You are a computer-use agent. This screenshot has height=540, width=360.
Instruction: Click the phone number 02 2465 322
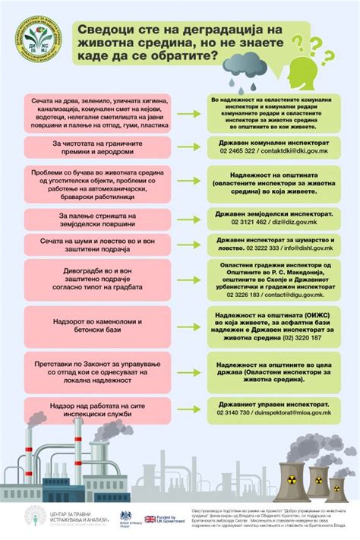click(x=235, y=152)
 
